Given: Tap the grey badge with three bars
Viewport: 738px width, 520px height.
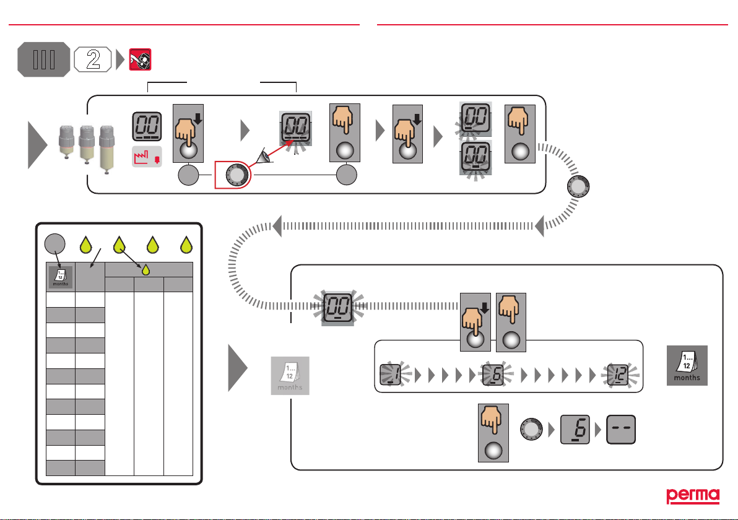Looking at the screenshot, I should [43, 60].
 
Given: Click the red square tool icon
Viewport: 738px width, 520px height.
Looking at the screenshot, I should [140, 60].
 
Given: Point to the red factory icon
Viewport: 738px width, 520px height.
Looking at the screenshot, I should [148, 158].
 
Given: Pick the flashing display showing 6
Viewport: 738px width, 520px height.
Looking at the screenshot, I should [493, 375].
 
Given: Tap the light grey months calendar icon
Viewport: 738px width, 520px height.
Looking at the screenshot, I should [290, 376].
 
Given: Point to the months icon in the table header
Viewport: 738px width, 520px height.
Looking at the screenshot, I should [60, 277].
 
